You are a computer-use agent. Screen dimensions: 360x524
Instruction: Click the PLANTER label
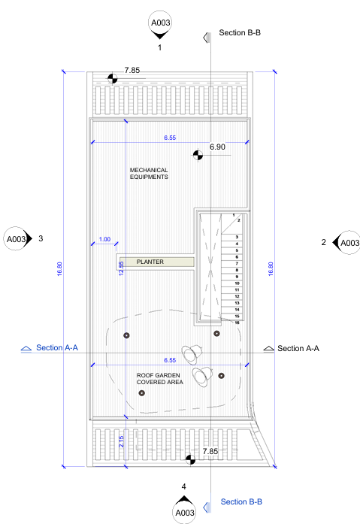150,262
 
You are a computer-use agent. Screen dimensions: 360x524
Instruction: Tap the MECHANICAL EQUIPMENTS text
149,174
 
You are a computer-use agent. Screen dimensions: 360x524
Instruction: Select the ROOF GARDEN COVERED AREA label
159,379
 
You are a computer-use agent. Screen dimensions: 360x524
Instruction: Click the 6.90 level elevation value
217,147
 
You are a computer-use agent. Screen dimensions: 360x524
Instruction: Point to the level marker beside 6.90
198,155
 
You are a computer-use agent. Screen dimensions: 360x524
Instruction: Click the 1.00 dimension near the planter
104,239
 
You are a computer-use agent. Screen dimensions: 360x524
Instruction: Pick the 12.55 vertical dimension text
121,268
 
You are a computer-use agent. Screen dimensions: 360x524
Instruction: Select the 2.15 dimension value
121,441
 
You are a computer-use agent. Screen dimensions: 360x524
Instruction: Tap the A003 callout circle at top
160,23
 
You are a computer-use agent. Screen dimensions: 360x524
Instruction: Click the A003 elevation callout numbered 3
16,239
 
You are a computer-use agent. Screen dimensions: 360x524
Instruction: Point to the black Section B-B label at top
240,33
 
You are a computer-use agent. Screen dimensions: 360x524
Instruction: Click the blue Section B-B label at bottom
241,501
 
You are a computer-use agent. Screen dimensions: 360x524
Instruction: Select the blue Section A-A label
57,347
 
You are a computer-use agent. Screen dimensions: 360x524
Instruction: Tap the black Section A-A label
298,348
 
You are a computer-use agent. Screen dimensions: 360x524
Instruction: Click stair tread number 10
237,283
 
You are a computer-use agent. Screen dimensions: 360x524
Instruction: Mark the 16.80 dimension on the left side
59,268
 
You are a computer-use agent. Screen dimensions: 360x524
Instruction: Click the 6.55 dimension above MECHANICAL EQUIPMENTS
170,138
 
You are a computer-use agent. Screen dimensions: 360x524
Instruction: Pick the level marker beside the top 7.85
113,79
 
